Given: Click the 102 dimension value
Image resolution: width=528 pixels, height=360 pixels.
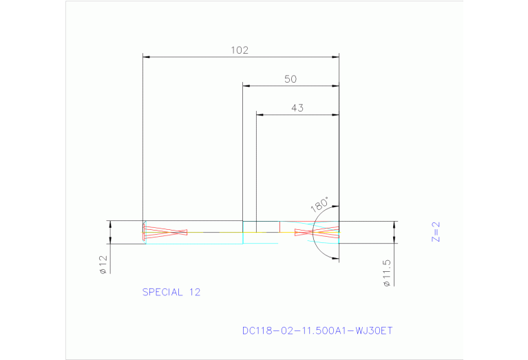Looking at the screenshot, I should click(x=239, y=50).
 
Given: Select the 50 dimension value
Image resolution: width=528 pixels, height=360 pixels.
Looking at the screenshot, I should click(x=291, y=79).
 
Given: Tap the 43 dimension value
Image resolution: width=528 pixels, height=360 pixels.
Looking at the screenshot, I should click(x=297, y=107).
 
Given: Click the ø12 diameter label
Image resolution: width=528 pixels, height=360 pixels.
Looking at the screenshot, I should click(x=103, y=264).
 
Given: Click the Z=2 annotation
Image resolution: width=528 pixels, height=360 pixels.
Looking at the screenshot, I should click(x=435, y=233).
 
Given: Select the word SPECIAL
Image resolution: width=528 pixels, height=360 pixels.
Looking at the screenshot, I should click(x=163, y=292).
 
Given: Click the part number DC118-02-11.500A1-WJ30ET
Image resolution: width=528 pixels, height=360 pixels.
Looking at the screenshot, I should click(x=317, y=330).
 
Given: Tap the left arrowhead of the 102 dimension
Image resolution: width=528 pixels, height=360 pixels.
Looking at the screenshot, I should click(x=145, y=56).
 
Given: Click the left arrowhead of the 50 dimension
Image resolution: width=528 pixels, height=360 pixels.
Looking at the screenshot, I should click(x=246, y=85).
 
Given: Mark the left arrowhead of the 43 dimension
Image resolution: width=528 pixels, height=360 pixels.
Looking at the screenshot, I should click(x=260, y=114).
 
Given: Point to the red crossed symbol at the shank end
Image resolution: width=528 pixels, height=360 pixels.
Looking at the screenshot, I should click(x=165, y=231).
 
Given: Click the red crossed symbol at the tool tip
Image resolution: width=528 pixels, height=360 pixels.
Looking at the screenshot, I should click(x=317, y=233).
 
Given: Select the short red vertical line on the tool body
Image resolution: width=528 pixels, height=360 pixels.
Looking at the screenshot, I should click(x=279, y=226).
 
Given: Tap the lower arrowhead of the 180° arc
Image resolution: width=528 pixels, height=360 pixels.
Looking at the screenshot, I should click(x=336, y=258).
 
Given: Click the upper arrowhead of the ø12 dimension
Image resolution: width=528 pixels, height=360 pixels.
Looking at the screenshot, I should click(x=109, y=224).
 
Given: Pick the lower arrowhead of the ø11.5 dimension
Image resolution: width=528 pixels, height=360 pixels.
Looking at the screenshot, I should click(x=394, y=240).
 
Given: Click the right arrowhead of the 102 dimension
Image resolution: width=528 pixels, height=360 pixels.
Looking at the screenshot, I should click(x=336, y=56).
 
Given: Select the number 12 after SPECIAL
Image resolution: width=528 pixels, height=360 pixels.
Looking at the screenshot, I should click(x=194, y=292).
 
